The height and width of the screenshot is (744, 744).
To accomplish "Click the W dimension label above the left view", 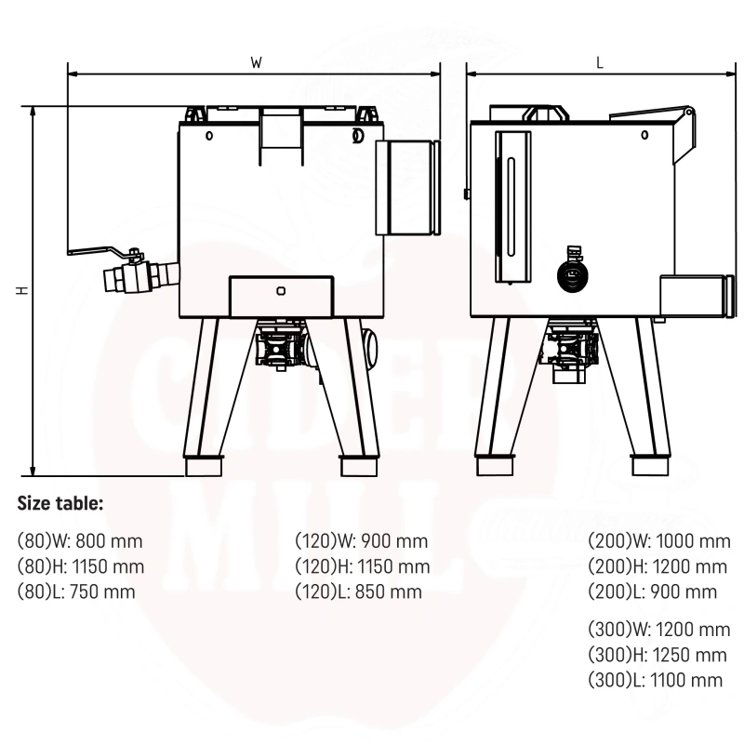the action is pos(257,62).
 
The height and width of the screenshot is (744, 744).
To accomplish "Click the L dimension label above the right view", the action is pos(600,62).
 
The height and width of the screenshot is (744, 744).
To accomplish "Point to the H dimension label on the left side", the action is pos(22,290).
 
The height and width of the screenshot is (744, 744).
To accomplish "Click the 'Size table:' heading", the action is pos(60,503).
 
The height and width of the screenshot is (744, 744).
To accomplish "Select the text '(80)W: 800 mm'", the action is pos(80,541).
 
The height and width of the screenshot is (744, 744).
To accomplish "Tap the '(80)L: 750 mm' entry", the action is pos(76,591).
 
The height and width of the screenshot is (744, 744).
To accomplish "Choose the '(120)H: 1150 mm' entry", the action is pos(363,566).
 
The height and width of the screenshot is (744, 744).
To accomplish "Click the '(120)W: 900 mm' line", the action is pos(362,541).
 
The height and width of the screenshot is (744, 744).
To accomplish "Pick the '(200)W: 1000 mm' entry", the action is pos(659,541).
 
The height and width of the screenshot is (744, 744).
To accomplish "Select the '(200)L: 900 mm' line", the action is pos(653,591).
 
